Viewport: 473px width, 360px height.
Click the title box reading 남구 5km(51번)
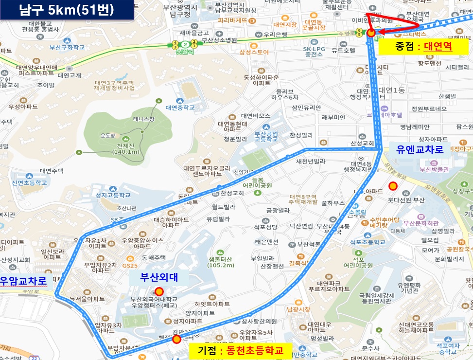[x=67, y=10]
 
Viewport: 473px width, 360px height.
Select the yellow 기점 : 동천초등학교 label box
[x=239, y=350]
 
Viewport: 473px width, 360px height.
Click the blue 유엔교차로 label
[x=420, y=149]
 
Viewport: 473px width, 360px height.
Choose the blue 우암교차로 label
[x=23, y=281]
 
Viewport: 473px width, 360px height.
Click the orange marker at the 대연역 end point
[x=371, y=33]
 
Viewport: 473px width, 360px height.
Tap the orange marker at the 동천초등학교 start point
[x=176, y=339]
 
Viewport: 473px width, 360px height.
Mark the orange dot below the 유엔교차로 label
[x=393, y=185]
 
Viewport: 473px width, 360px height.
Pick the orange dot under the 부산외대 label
[x=158, y=291]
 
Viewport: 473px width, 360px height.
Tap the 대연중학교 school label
[x=179, y=108]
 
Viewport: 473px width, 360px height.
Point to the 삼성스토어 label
[x=254, y=52]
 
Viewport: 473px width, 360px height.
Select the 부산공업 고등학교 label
[x=266, y=136]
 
